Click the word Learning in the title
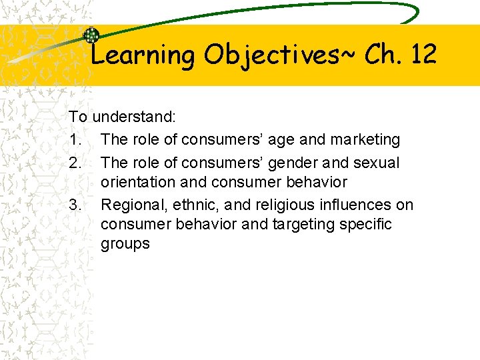click(x=141, y=55)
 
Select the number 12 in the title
click(x=423, y=54)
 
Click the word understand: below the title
click(x=134, y=117)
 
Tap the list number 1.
click(x=74, y=140)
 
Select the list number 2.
click(x=74, y=163)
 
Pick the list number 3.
click(x=74, y=205)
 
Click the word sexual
click(x=376, y=163)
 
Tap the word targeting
click(x=305, y=224)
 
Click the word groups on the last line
click(x=125, y=244)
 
